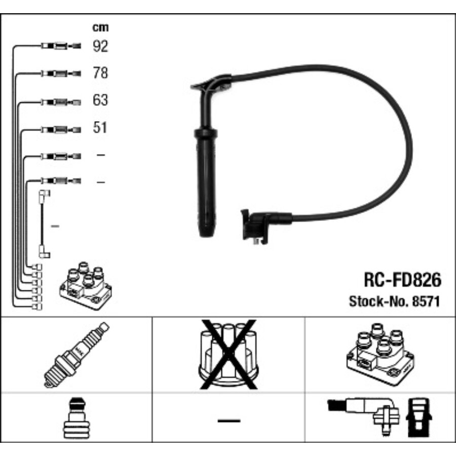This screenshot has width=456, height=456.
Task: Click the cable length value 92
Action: [x=101, y=47]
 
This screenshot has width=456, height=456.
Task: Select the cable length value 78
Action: [x=101, y=73]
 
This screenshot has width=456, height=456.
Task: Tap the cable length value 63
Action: [x=101, y=100]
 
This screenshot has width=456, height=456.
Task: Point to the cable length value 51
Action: [x=101, y=127]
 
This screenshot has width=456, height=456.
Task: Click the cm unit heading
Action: [x=100, y=27]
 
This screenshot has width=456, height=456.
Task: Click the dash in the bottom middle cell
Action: [x=228, y=420]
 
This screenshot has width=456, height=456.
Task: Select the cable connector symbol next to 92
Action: [x=60, y=47]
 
